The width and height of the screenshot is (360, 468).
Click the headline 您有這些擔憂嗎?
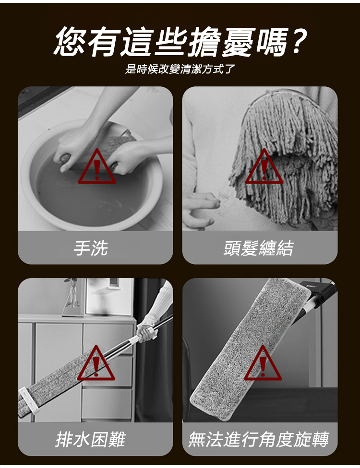(x=180, y=41)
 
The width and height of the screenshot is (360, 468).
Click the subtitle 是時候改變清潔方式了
(x=180, y=69)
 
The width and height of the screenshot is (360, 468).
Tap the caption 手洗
(x=91, y=247)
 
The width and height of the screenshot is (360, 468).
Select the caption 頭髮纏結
(x=259, y=247)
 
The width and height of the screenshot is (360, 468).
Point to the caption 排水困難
(x=91, y=439)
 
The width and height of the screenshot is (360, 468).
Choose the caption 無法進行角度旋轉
(x=259, y=439)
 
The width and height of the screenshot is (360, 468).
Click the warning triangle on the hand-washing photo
(x=97, y=167)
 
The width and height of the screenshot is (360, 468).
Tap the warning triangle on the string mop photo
(x=264, y=167)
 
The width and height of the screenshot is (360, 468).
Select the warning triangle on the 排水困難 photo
(x=96, y=363)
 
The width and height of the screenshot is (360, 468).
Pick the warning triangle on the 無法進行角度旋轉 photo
(x=263, y=363)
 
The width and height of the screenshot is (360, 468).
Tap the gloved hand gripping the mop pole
(x=147, y=330)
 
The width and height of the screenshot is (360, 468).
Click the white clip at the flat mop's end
(x=28, y=400)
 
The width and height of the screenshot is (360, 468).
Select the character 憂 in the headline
(x=239, y=41)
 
